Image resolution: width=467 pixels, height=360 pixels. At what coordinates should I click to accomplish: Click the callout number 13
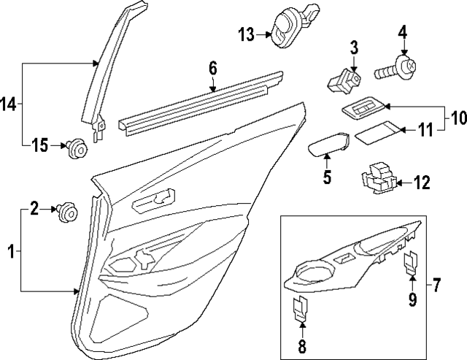tap(246, 34)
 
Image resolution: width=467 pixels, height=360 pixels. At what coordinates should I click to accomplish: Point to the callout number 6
tap(212, 68)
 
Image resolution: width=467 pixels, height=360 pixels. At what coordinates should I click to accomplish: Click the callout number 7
tap(437, 284)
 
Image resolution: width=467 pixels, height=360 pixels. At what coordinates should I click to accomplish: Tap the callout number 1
tap(10, 252)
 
